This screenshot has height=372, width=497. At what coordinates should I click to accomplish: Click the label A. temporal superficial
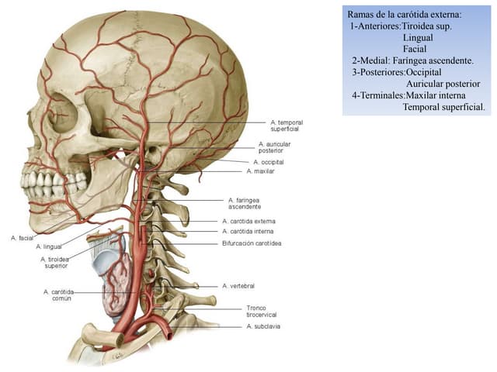[287, 126]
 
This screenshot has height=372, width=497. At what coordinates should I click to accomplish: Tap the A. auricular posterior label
[274, 147]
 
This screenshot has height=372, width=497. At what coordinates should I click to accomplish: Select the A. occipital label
[269, 162]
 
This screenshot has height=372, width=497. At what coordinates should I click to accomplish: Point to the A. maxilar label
[261, 171]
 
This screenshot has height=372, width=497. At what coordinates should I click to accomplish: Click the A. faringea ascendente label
[245, 203]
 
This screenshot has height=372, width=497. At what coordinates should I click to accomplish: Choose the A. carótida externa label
[248, 221]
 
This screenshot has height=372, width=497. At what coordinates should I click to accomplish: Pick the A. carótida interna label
[248, 231]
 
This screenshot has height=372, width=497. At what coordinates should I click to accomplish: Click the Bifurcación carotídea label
[252, 243]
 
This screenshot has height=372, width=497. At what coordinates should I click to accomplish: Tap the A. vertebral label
[238, 286]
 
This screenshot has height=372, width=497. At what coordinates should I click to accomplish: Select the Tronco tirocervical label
[262, 312]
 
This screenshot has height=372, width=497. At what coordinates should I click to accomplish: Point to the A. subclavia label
[263, 326]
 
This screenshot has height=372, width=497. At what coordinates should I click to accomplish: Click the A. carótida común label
[59, 294]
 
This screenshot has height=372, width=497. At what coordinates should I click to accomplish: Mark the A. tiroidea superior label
[55, 263]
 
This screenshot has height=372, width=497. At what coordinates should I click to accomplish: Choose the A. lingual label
[49, 246]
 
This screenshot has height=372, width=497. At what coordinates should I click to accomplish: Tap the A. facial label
[23, 238]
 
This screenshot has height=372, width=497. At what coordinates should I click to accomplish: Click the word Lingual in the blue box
[418, 38]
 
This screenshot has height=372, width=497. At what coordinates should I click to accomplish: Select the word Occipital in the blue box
[423, 72]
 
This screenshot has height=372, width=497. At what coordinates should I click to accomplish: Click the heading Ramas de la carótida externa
[405, 15]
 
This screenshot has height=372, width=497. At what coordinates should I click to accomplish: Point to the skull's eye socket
[63, 113]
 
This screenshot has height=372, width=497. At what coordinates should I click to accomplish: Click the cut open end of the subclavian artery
[170, 334]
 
